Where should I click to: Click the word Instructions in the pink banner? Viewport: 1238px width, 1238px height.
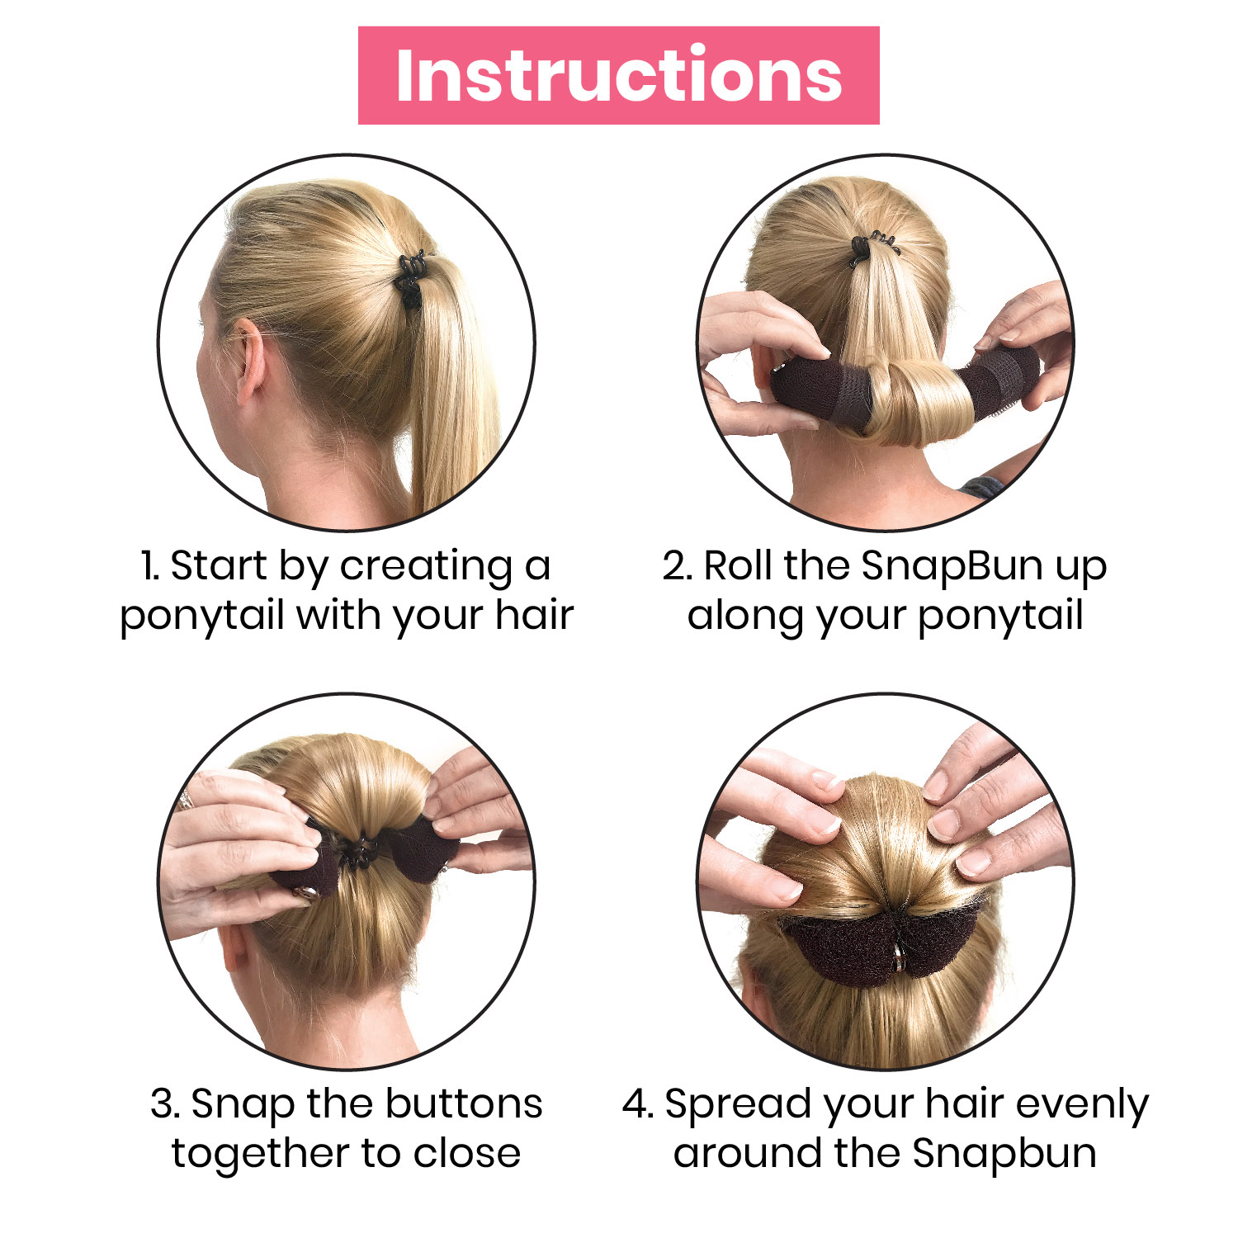619,75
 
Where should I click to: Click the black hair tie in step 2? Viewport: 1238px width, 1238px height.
872,248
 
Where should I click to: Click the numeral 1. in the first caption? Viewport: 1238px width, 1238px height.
149,567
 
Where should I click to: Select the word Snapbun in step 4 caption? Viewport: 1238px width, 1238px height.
1004,1153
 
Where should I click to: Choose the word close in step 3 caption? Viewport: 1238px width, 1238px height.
467,1153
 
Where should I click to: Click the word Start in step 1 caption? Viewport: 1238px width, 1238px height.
219,566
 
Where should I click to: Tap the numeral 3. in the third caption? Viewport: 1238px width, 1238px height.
165,1104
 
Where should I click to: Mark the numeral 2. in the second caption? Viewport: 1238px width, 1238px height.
677,567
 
